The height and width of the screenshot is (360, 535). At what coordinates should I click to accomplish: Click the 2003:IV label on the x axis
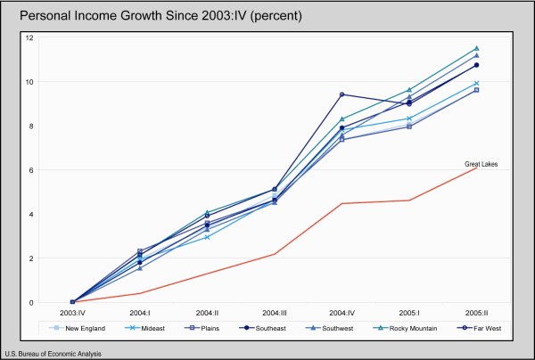[x=73, y=314]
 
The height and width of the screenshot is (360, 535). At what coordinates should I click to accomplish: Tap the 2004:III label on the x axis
[x=275, y=314]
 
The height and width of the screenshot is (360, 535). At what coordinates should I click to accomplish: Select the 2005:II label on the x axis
[x=476, y=314]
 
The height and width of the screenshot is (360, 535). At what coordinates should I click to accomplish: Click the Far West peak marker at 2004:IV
[x=342, y=94]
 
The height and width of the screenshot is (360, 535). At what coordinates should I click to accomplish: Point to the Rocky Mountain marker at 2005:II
[x=476, y=48]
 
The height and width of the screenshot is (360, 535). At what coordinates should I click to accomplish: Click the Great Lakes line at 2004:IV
[x=342, y=203]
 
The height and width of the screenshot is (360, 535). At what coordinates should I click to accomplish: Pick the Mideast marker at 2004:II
[x=207, y=237]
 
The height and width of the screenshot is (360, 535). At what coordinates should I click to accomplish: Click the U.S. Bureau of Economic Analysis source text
[x=53, y=354]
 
